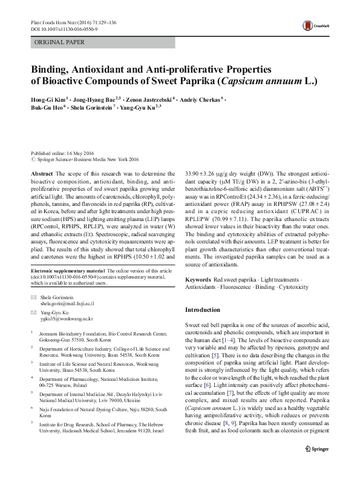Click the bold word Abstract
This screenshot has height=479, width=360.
coord(41,173)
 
